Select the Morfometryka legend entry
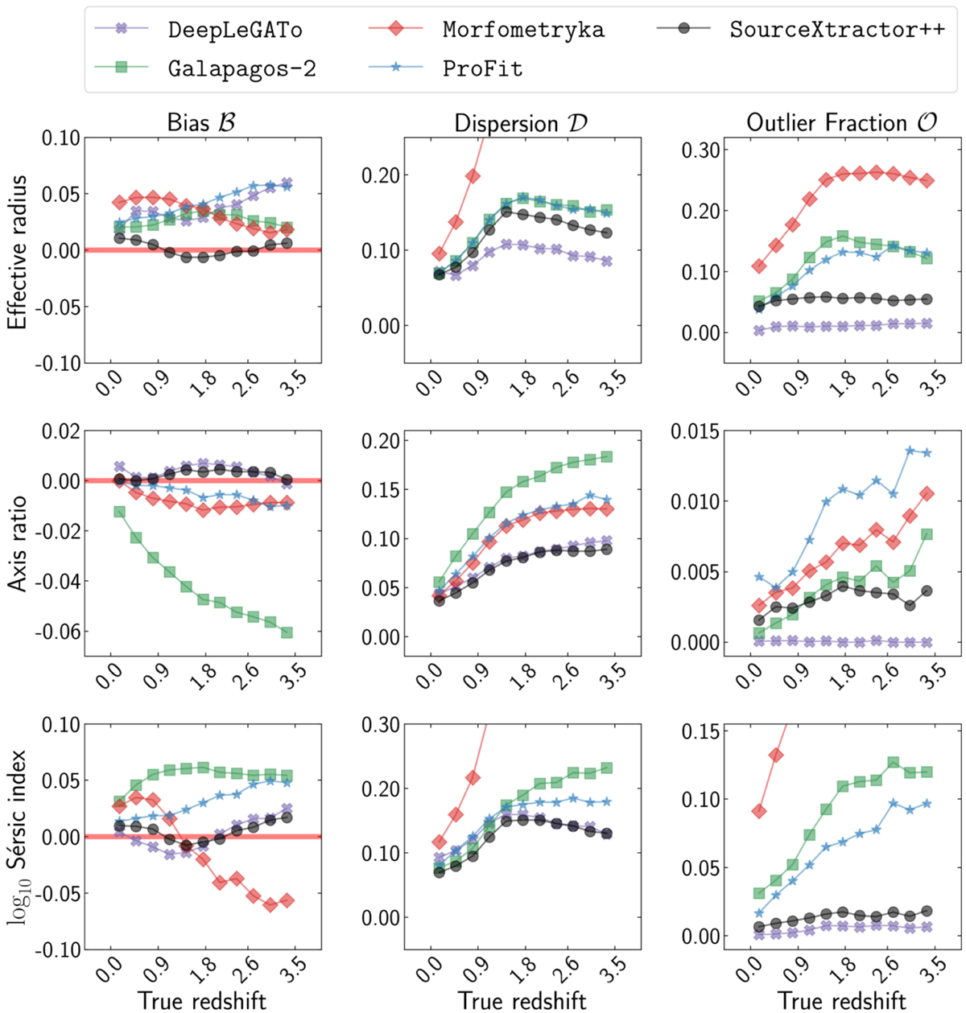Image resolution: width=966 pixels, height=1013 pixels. point(522,31)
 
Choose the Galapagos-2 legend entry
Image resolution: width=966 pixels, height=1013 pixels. point(242,69)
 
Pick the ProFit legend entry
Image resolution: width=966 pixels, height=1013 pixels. point(482,69)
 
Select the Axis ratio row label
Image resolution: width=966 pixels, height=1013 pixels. point(17,545)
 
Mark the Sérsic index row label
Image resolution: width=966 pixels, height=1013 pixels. point(17,837)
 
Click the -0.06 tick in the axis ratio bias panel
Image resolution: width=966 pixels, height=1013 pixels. point(59,632)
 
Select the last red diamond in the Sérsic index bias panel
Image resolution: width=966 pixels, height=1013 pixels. point(287,900)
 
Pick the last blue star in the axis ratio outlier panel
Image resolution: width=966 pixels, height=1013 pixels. point(927,453)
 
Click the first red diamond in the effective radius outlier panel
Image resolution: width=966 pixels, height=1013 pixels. point(758,266)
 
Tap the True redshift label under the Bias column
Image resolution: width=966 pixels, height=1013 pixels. point(202,1000)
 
